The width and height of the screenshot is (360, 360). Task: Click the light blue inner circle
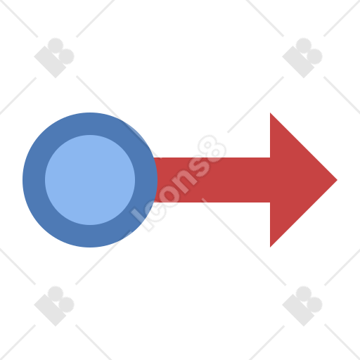click(x=90, y=180)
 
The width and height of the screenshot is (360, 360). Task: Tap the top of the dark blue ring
click(x=90, y=124)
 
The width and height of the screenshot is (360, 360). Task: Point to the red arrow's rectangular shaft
click(x=212, y=180)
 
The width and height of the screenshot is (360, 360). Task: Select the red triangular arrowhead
click(x=304, y=180)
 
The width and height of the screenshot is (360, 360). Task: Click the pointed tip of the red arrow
click(x=337, y=180)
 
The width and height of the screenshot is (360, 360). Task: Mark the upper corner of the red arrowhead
click(x=270, y=112)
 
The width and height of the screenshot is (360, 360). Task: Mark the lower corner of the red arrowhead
click(x=270, y=247)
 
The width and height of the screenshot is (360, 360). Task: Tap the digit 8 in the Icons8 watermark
click(x=212, y=148)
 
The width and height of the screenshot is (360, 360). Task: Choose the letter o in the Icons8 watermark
click(x=169, y=193)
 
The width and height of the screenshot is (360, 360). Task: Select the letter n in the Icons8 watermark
click(x=184, y=179)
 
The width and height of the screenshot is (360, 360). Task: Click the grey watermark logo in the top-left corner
click(x=54, y=58)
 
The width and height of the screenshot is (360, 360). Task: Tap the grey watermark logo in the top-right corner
click(x=302, y=58)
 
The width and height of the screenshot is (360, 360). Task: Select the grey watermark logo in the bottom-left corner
click(x=54, y=306)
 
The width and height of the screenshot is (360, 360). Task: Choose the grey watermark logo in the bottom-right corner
click(x=302, y=306)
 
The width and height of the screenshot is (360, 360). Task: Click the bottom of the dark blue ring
click(x=90, y=236)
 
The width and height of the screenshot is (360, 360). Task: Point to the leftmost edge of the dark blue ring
click(x=22, y=180)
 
